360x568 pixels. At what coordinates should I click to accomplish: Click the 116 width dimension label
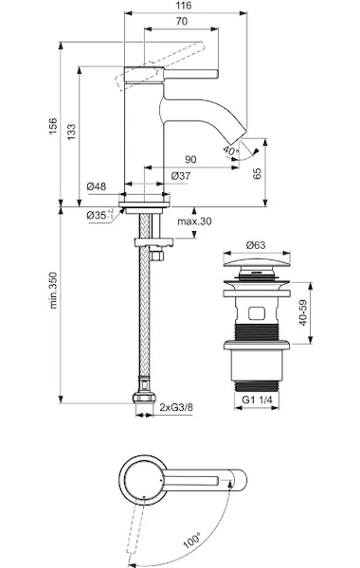point(185,6)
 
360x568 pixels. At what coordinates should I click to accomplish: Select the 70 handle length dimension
point(182,22)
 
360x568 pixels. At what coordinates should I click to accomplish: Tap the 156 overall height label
point(53,126)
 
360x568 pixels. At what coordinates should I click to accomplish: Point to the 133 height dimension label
point(71,133)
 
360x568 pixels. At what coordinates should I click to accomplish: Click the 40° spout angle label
point(230,150)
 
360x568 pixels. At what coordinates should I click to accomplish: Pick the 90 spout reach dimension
point(190,159)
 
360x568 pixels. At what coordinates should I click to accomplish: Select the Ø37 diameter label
point(180,176)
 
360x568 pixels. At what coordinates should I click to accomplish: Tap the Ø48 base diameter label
point(97,186)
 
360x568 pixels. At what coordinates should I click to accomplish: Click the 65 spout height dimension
point(257,174)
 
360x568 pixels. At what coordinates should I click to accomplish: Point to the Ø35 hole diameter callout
point(100,215)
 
